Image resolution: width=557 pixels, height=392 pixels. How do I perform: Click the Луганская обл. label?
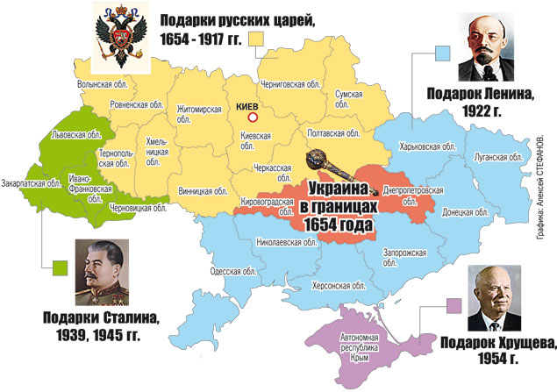501,157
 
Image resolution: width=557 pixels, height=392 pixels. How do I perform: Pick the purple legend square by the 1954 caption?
453,306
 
